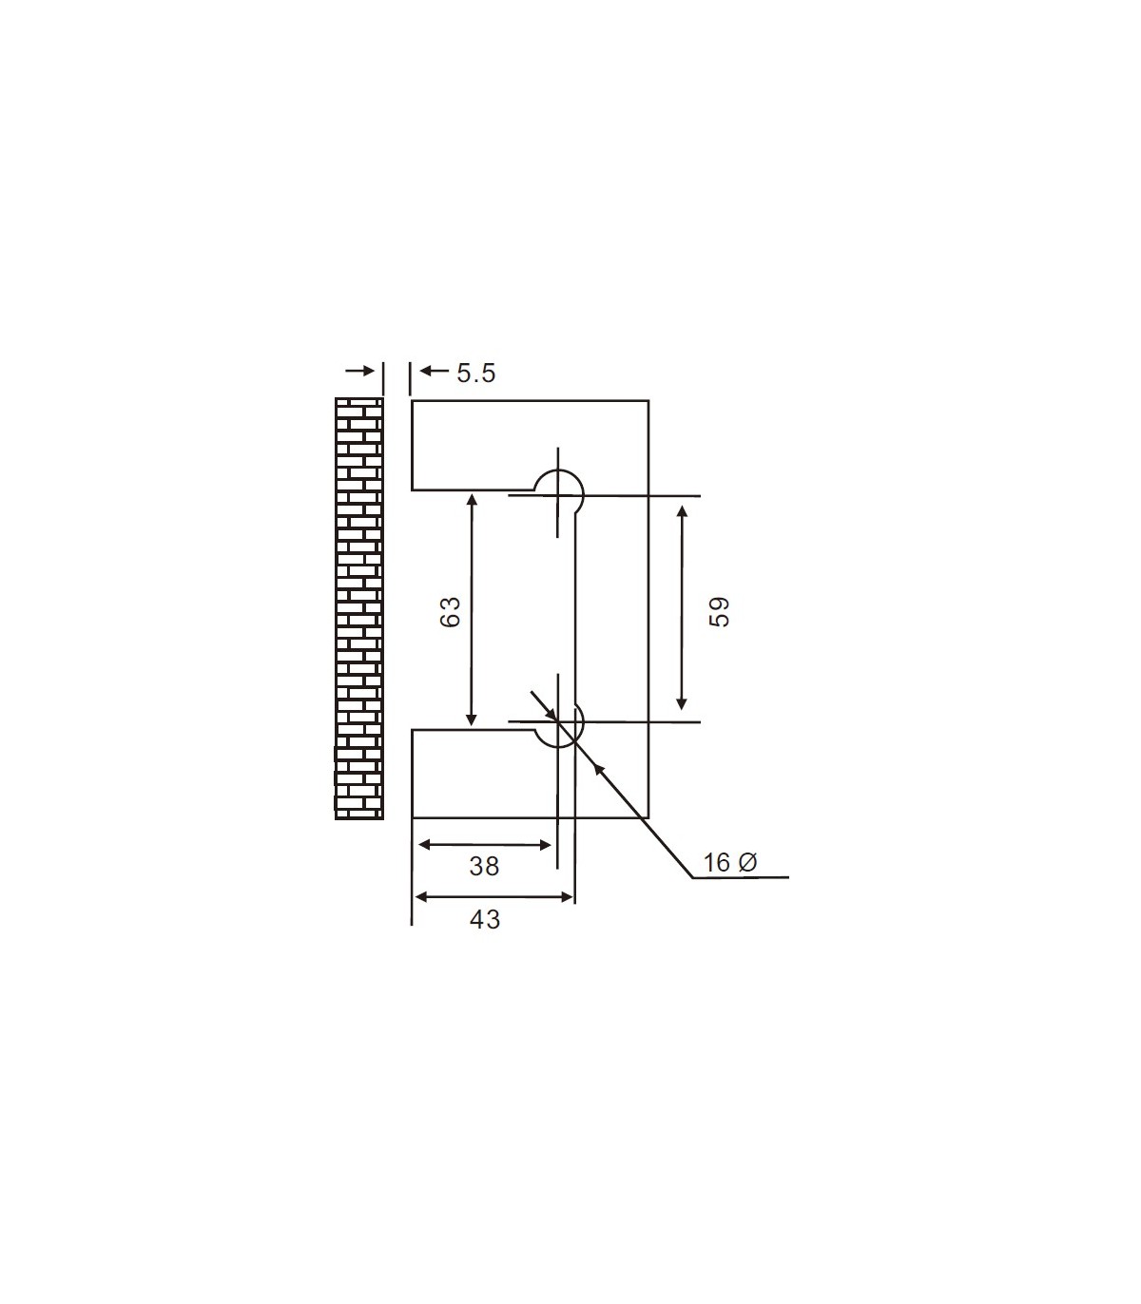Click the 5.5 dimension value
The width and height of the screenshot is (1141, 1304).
point(475,373)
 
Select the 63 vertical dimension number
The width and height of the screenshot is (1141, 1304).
point(451,611)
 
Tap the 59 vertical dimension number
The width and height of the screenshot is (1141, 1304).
point(720,611)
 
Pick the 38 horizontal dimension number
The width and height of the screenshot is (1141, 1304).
point(484,866)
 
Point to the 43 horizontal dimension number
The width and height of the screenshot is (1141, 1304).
point(484,919)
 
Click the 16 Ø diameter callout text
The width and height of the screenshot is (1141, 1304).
point(729,862)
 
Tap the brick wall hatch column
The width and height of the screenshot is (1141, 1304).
point(359,608)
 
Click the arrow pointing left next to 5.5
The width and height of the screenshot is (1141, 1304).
point(434,372)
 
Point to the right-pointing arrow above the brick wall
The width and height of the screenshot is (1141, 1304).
point(360,372)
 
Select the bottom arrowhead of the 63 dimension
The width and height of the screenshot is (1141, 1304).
point(472,721)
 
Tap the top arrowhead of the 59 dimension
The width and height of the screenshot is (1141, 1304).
point(682,510)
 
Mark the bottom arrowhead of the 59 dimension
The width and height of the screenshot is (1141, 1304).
point(682,704)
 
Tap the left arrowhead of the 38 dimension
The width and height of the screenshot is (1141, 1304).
point(424,844)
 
